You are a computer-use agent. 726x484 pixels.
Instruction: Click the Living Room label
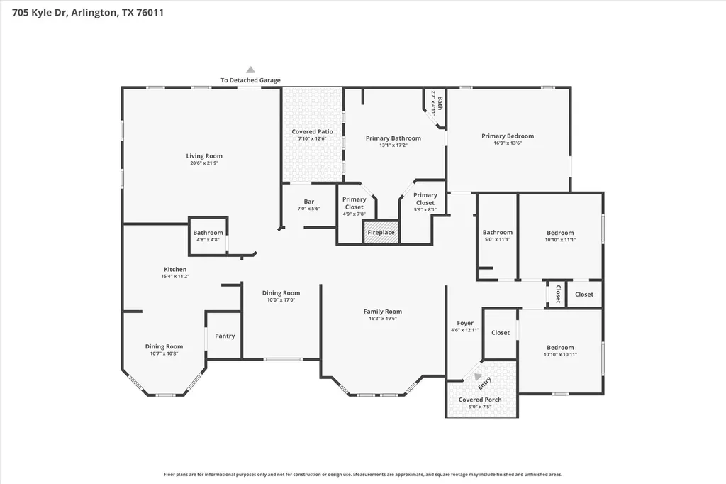(204, 156)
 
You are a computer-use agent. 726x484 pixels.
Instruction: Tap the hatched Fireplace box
(381, 232)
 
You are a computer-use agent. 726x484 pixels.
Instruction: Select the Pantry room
(225, 336)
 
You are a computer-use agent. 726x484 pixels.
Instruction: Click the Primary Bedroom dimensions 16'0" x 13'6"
(508, 143)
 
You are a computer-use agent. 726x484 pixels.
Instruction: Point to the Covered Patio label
(312, 132)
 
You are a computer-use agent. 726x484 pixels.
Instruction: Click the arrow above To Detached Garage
(250, 70)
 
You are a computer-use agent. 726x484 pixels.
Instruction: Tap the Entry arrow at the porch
(477, 377)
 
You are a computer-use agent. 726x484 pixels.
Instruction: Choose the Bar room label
(309, 202)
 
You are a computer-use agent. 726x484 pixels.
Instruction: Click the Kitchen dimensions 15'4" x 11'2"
(175, 276)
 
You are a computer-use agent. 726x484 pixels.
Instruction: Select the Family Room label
(382, 312)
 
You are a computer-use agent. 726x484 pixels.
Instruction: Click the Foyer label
(465, 323)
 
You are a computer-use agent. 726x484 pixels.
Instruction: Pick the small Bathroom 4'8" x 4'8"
(208, 236)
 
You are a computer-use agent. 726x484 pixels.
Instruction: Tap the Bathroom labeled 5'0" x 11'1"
(497, 236)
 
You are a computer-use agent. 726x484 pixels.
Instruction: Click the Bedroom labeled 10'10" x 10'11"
(560, 351)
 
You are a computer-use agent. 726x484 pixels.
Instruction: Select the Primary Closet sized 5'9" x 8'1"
(425, 202)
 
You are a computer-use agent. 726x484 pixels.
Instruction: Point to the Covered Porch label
(480, 400)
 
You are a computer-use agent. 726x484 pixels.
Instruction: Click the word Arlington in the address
(94, 13)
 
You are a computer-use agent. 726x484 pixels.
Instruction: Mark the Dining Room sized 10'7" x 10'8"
(164, 350)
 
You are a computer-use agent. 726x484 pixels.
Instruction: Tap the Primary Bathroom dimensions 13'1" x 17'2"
(393, 145)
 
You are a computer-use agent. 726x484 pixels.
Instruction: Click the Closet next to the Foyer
(500, 333)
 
